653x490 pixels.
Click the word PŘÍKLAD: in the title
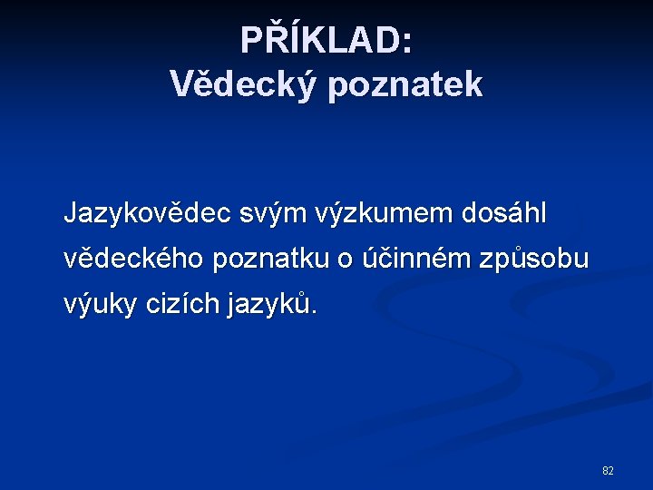(x=326, y=41)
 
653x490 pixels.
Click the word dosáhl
(x=505, y=214)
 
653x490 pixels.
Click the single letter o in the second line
(x=345, y=260)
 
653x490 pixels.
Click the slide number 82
(x=608, y=471)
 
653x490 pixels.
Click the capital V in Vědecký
(x=181, y=84)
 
